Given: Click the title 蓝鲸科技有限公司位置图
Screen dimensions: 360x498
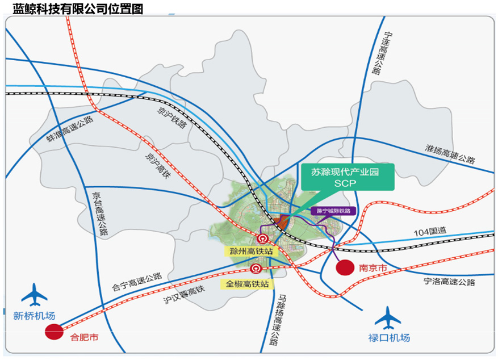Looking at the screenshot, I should click(78, 8).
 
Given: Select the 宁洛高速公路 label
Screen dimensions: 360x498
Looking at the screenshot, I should click(449, 282).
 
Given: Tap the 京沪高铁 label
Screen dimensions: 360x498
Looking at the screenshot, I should click(157, 165).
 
